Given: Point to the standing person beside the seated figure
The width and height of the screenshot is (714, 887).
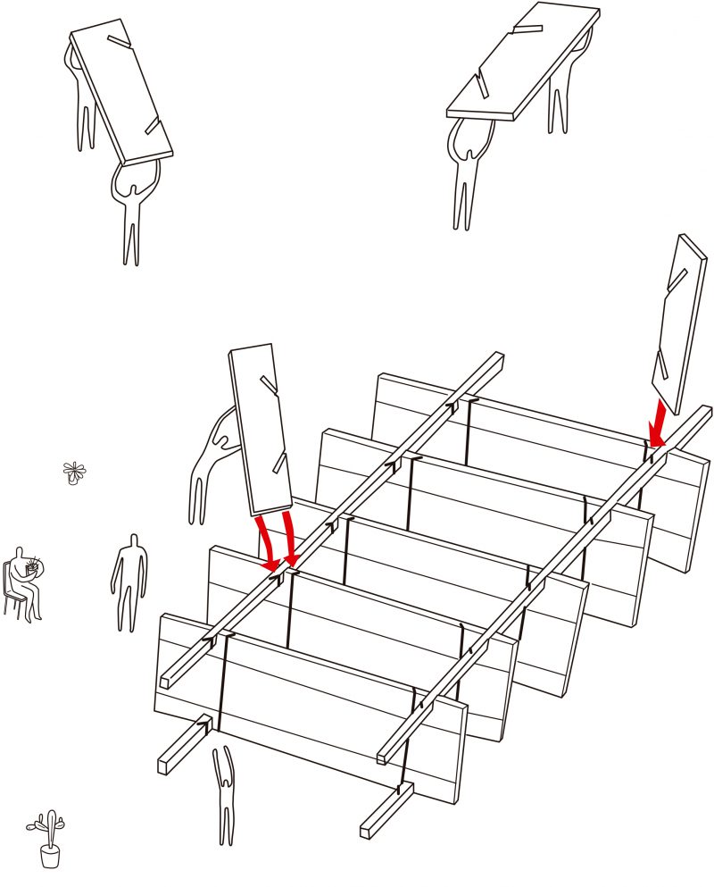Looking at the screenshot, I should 130,581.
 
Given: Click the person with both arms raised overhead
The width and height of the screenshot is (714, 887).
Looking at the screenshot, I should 225,795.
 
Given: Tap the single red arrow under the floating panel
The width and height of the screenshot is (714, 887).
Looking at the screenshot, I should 659,423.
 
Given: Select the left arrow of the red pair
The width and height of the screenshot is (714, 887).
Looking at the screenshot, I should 267,542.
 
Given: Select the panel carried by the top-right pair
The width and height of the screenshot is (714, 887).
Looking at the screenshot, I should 522,63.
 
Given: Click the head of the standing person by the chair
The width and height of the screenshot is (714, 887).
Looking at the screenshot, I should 133,541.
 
